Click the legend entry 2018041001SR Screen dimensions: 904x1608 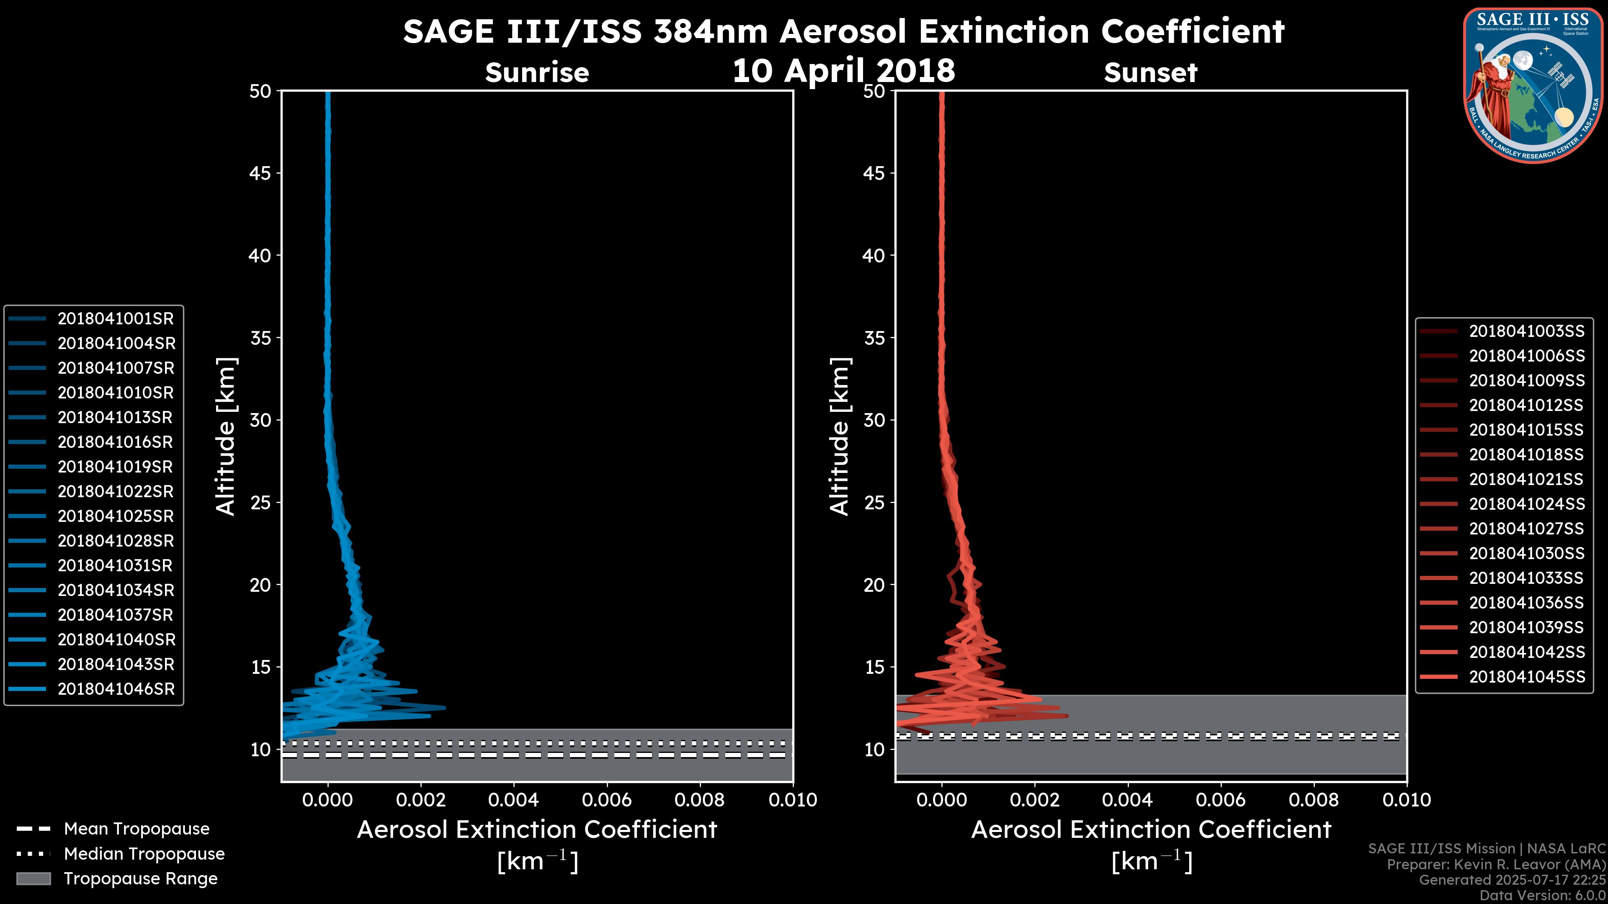[x=116, y=319]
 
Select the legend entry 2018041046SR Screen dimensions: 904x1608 [x=116, y=689]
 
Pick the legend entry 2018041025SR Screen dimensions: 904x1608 [x=116, y=516]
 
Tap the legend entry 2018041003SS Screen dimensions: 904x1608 [x=1526, y=331]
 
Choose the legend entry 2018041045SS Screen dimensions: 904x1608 [x=1526, y=677]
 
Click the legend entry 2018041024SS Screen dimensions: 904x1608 [x=1526, y=504]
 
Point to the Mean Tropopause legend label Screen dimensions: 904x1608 [x=137, y=829]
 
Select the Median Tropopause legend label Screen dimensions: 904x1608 [x=144, y=854]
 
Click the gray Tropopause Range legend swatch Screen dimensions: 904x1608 [x=33, y=879]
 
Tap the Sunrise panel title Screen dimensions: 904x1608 [x=537, y=73]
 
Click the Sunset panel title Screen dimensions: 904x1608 [x=1150, y=73]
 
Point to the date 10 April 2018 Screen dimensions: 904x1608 [x=843, y=70]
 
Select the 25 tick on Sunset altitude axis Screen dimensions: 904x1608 [x=874, y=503]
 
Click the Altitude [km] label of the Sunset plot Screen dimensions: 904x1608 [x=840, y=436]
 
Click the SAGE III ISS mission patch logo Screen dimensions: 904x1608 [x=1533, y=85]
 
